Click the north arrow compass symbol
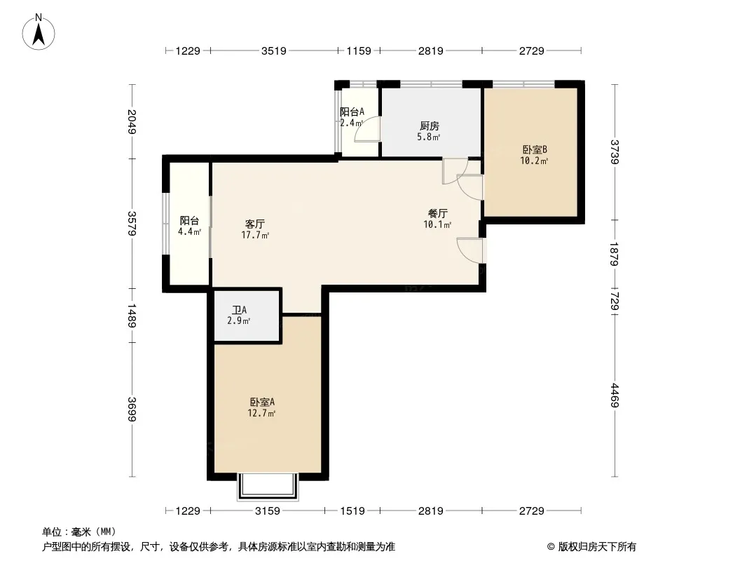39,32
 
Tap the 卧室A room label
262,402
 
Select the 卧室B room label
535,149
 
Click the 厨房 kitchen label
430,126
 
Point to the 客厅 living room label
255,224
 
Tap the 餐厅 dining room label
437,213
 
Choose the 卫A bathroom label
239,310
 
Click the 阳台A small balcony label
352,112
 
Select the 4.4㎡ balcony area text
190,232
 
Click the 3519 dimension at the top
274,50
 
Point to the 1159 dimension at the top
359,50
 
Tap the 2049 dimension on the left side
132,122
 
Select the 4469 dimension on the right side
615,395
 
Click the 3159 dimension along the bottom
268,511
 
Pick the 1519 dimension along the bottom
352,511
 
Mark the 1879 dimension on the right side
615,254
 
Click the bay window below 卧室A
268,487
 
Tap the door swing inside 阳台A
366,129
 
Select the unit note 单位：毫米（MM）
79,532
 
